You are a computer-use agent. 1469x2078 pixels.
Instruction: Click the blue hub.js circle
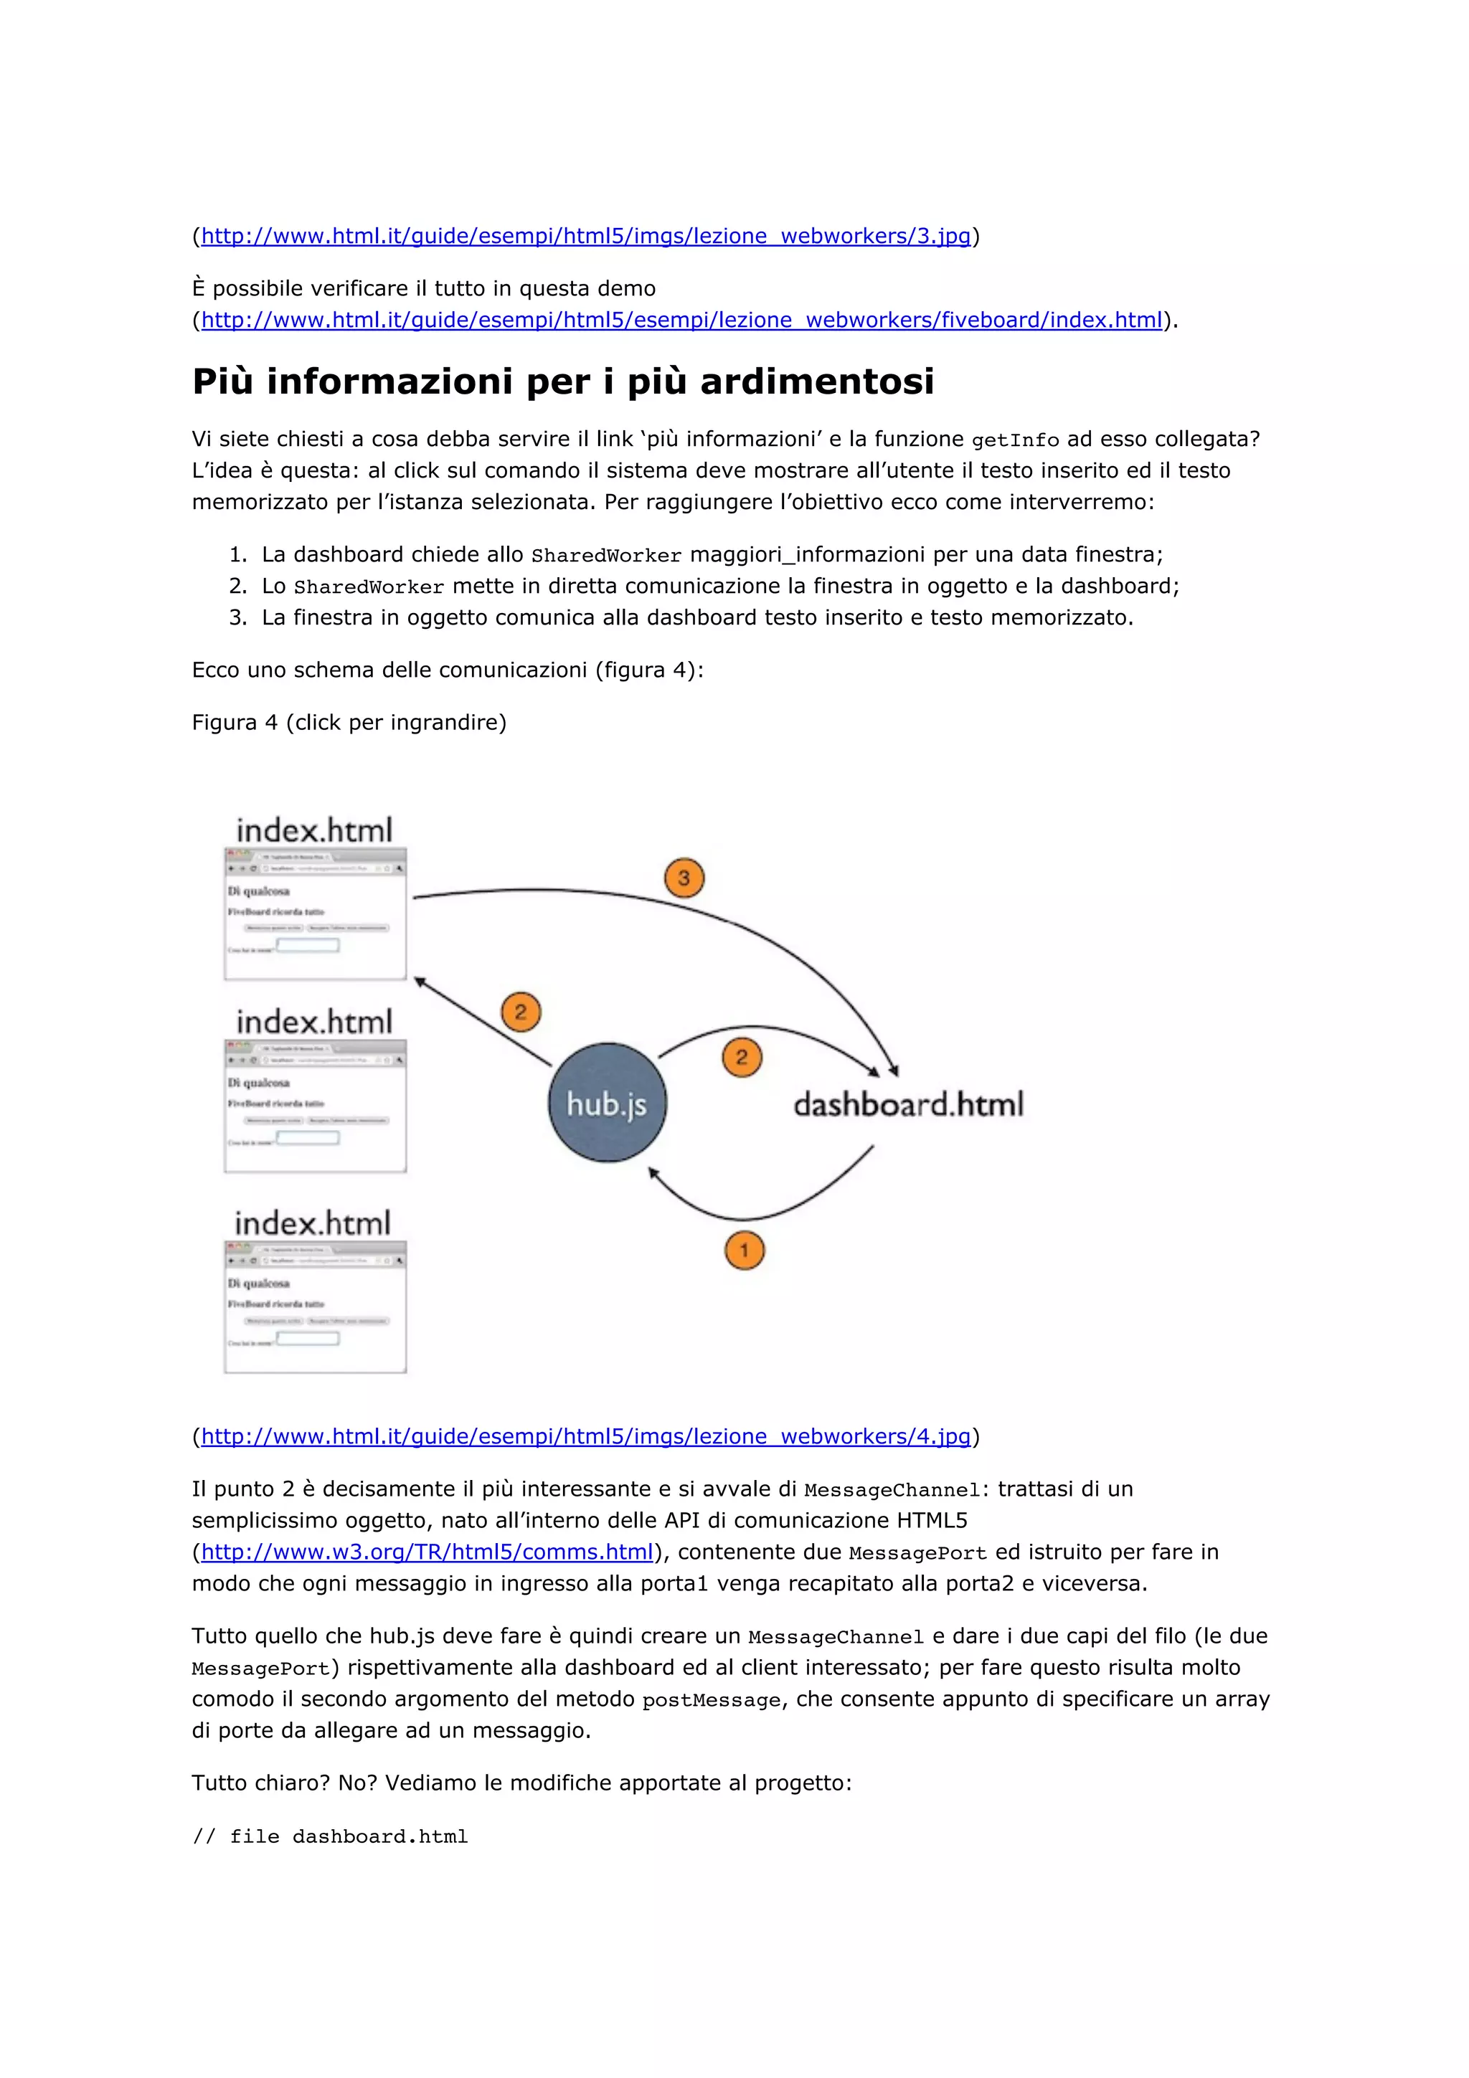pyautogui.click(x=606, y=1102)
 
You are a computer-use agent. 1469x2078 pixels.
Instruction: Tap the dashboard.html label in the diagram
pyautogui.click(x=908, y=1104)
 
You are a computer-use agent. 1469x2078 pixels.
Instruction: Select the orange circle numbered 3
pyautogui.click(x=684, y=878)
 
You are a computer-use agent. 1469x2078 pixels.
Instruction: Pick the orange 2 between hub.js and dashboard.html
pyautogui.click(x=742, y=1057)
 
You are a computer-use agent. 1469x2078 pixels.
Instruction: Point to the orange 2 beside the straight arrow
pyautogui.click(x=521, y=1012)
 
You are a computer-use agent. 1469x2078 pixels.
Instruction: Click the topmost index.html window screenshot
pyautogui.click(x=315, y=914)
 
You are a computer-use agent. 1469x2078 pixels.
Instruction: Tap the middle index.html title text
pyautogui.click(x=314, y=1022)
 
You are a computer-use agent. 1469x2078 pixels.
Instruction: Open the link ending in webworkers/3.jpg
pyautogui.click(x=585, y=236)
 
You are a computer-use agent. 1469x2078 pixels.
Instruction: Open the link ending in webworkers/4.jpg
pyautogui.click(x=585, y=1436)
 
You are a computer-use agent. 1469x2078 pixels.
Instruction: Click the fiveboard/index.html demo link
pyautogui.click(x=681, y=321)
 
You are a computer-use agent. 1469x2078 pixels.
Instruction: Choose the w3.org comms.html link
pyautogui.click(x=426, y=1552)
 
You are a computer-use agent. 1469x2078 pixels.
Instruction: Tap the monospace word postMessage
pyautogui.click(x=711, y=1701)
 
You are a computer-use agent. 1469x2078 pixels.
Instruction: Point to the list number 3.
pyautogui.click(x=237, y=618)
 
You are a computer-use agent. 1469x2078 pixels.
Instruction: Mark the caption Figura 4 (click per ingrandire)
pyautogui.click(x=349, y=722)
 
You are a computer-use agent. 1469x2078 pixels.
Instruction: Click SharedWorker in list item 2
pyautogui.click(x=369, y=587)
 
